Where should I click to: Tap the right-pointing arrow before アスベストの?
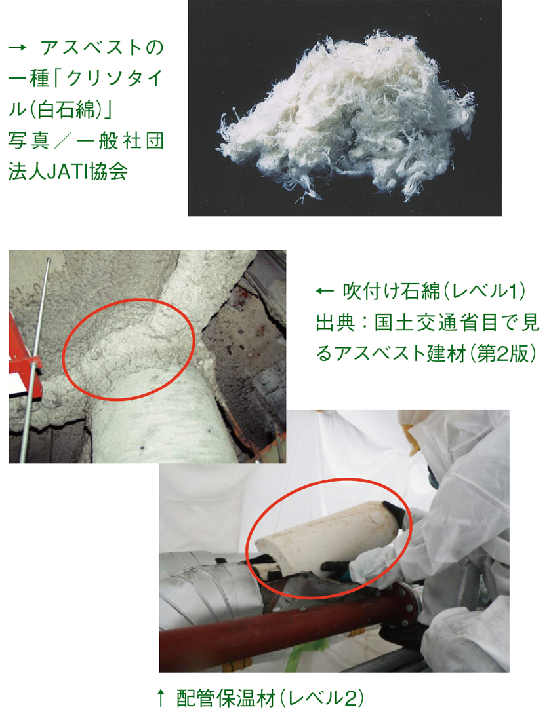coord(18,47)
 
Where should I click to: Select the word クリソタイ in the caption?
coord(115,79)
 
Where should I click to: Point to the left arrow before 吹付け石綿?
coord(325,291)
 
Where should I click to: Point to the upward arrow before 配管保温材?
coord(161,698)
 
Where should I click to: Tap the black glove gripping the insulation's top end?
coord(395,515)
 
